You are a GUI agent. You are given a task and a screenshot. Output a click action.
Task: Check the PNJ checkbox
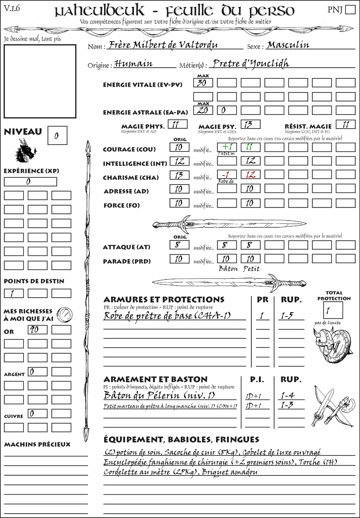pos(350,9)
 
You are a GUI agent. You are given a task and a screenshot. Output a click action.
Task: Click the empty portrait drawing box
pos(40,81)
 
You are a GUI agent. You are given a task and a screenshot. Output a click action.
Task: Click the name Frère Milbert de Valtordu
pos(163,45)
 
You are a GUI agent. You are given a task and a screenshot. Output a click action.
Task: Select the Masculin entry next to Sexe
pos(288,45)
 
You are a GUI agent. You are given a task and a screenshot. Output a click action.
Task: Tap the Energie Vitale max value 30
pos(203,83)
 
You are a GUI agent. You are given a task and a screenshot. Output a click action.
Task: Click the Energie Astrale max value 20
pos(203,110)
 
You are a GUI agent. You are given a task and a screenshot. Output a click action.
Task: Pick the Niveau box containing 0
pos(57,136)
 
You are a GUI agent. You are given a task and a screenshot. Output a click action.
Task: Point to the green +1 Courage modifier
pos(227,147)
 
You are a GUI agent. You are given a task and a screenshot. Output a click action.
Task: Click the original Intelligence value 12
pos(179,161)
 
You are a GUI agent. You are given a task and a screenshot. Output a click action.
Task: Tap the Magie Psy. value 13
pos(250,124)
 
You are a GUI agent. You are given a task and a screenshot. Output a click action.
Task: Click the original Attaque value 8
pos(179,245)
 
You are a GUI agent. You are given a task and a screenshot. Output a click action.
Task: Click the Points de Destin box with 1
pos(14,293)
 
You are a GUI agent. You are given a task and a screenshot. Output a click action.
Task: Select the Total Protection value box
pos(333,310)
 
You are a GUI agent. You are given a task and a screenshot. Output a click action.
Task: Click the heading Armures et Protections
pos(164,300)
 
